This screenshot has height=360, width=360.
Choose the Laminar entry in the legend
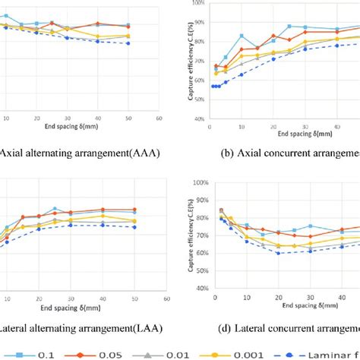click(x=334, y=352)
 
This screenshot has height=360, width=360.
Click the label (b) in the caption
click(x=227, y=152)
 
